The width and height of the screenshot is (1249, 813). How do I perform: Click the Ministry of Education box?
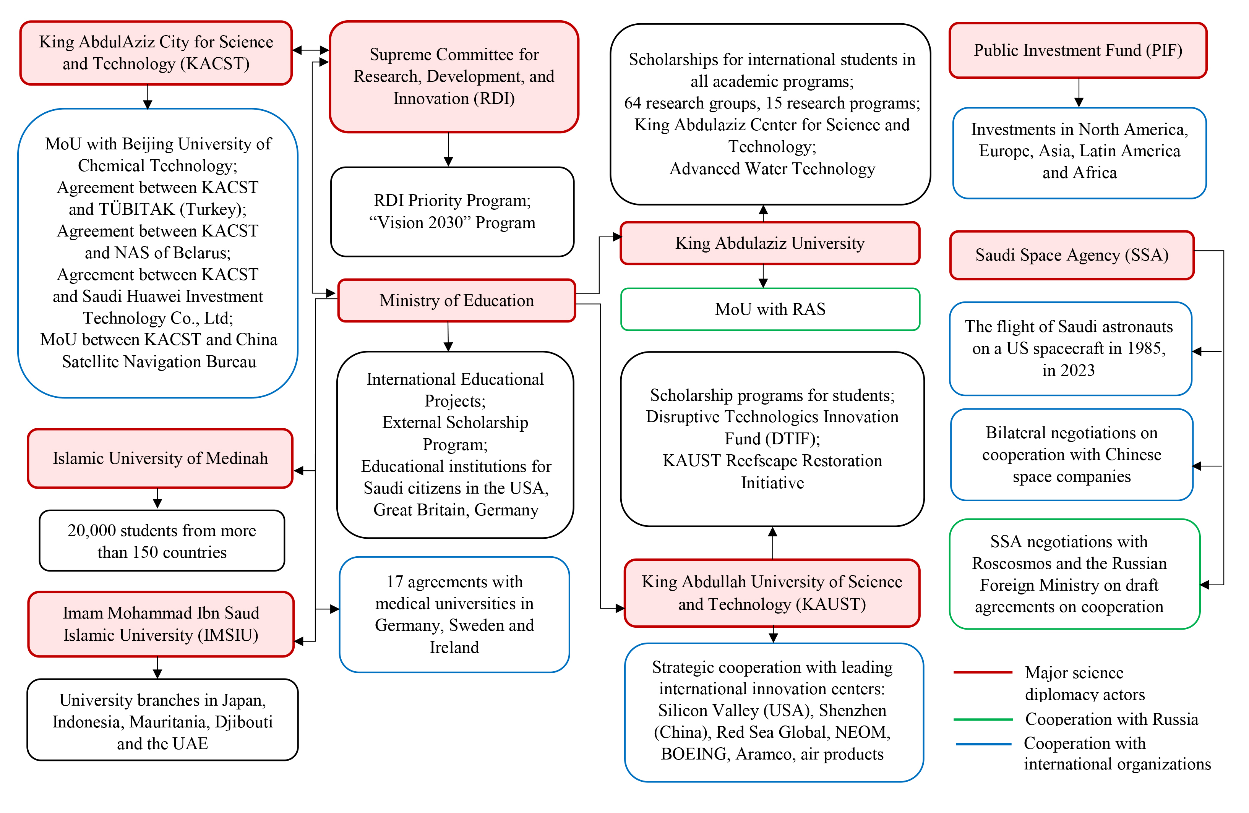457,301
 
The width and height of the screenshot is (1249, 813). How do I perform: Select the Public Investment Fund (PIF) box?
1078,50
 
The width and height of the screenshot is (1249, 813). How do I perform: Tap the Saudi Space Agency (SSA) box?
1072,255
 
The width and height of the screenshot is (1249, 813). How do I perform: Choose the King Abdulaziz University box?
769,243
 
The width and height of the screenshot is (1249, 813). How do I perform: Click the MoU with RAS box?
770,309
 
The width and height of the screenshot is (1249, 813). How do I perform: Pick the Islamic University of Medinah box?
160,458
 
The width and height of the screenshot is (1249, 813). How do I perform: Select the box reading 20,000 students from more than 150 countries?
162,541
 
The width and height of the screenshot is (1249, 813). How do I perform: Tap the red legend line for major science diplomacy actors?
982,672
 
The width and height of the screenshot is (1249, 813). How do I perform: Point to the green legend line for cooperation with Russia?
982,719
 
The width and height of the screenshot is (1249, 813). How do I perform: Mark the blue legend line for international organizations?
982,744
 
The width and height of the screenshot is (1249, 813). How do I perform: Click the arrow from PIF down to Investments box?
1079,93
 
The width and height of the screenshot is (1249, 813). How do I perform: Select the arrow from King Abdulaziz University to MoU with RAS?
763,276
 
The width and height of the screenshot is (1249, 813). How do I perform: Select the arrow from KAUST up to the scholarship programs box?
772,543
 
